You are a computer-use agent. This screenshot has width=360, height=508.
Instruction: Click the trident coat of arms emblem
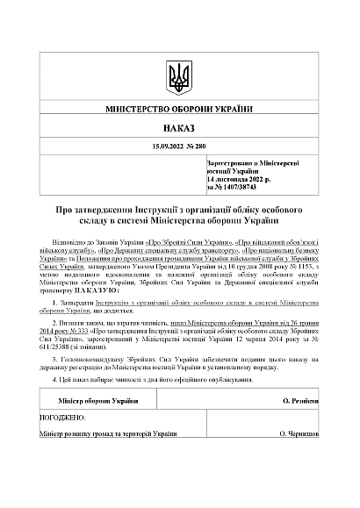coord(179,76)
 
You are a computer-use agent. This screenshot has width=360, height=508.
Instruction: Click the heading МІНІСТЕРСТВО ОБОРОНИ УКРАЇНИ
coord(179,113)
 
